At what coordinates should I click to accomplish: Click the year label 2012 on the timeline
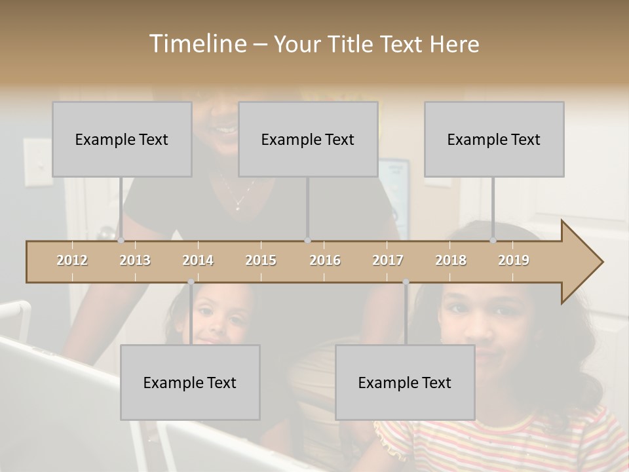72,260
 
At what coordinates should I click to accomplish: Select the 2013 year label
135,260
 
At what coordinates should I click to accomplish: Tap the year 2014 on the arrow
198,260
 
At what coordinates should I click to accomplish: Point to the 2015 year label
261,260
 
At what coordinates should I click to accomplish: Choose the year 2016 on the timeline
325,260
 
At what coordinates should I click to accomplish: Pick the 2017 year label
388,260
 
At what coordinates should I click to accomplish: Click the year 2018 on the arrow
451,260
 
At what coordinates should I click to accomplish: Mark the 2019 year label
514,260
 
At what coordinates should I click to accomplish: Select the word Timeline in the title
197,44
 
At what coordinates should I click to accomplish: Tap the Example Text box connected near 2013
122,139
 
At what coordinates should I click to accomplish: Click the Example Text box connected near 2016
308,139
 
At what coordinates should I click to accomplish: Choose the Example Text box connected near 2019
494,139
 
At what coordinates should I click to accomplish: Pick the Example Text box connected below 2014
190,382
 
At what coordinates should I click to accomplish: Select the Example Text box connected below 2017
405,382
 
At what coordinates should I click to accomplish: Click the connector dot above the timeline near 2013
121,240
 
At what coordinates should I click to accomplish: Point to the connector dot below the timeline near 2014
191,282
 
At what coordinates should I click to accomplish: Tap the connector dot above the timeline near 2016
307,240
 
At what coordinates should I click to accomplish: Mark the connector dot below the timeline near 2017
406,282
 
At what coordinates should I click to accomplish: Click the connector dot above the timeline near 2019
493,240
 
